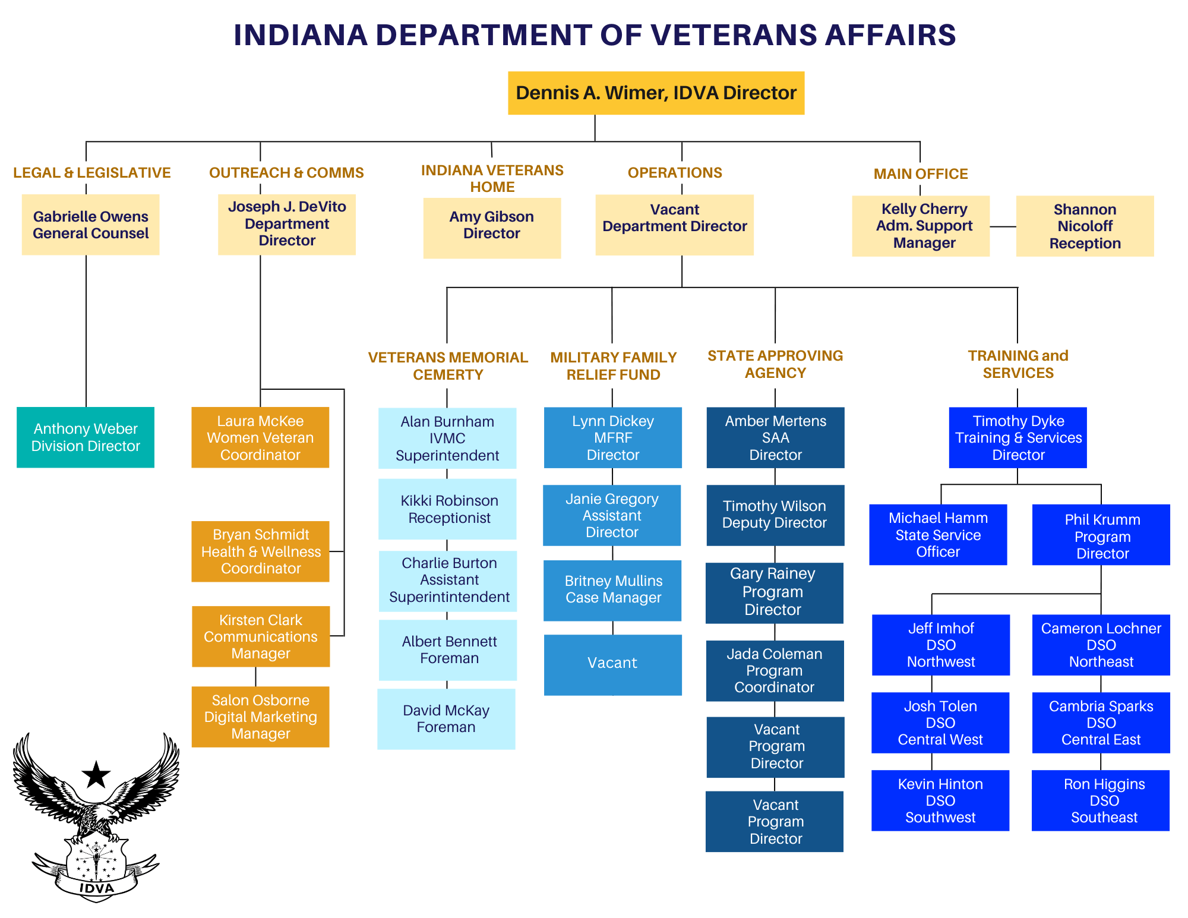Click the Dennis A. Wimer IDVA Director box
point(656,93)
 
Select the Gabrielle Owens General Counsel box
point(90,225)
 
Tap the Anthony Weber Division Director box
point(86,437)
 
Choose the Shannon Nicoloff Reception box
point(1085,226)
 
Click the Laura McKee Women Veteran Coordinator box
point(260,437)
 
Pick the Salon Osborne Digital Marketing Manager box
point(260,717)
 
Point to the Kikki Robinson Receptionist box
point(447,509)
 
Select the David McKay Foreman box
point(446,719)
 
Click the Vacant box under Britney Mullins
point(612,664)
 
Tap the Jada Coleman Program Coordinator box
point(775,670)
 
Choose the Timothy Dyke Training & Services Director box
point(1018,437)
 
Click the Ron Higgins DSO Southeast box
point(1101,800)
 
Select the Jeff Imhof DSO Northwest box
point(941,645)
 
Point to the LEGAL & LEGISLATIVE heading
point(92,173)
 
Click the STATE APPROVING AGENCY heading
point(775,364)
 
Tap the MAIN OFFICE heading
point(920,174)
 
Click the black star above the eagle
point(96,774)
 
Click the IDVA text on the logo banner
point(96,888)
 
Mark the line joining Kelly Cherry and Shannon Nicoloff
point(1003,226)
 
